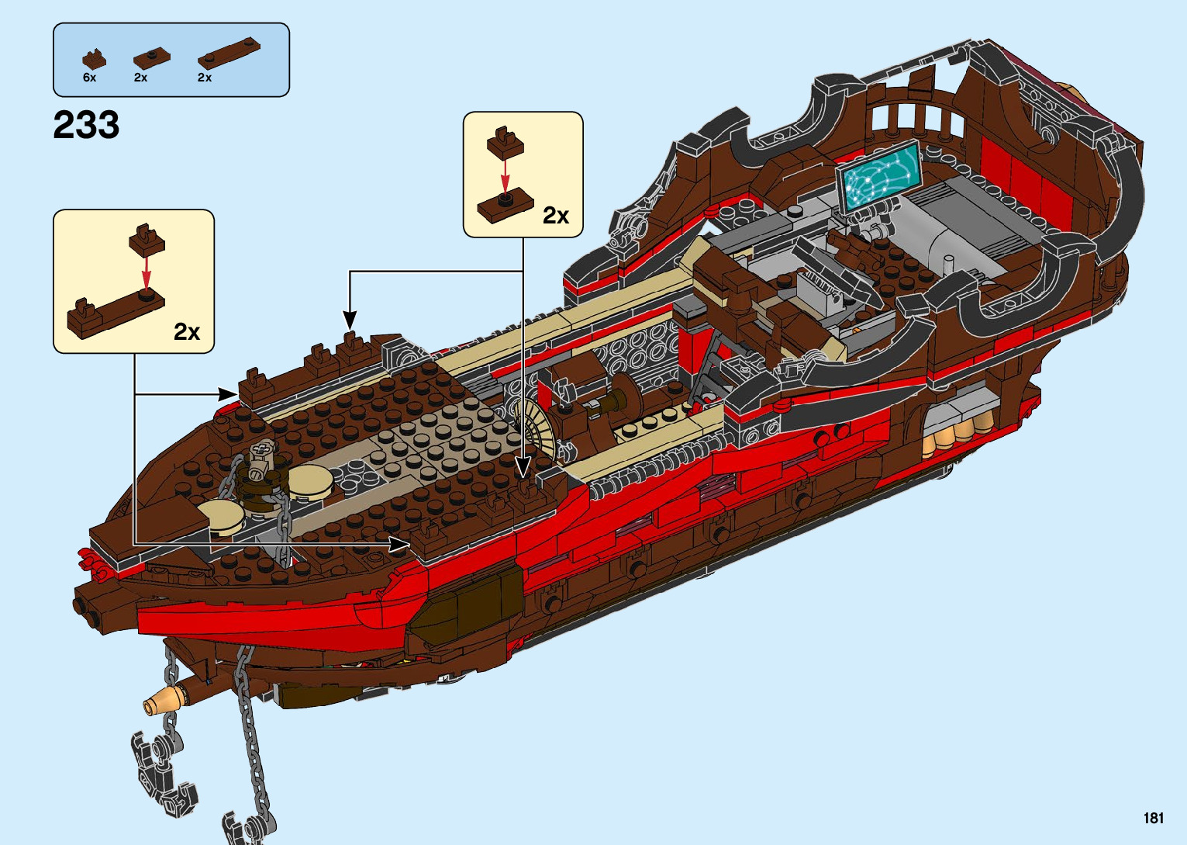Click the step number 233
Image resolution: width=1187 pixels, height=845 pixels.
86,125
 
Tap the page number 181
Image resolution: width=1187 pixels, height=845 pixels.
1153,818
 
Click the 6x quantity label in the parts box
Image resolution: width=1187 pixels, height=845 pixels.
89,78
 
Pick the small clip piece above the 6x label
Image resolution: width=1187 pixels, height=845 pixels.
94,59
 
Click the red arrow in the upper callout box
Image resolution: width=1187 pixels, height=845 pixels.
505,175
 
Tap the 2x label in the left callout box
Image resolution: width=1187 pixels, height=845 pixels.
187,332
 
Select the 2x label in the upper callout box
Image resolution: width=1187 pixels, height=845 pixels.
556,216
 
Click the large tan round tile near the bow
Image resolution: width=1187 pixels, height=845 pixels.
310,481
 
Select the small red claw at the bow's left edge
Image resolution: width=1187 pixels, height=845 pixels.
91,563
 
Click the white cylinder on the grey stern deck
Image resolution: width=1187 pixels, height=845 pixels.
948,263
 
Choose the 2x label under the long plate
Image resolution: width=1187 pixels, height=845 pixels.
205,78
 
